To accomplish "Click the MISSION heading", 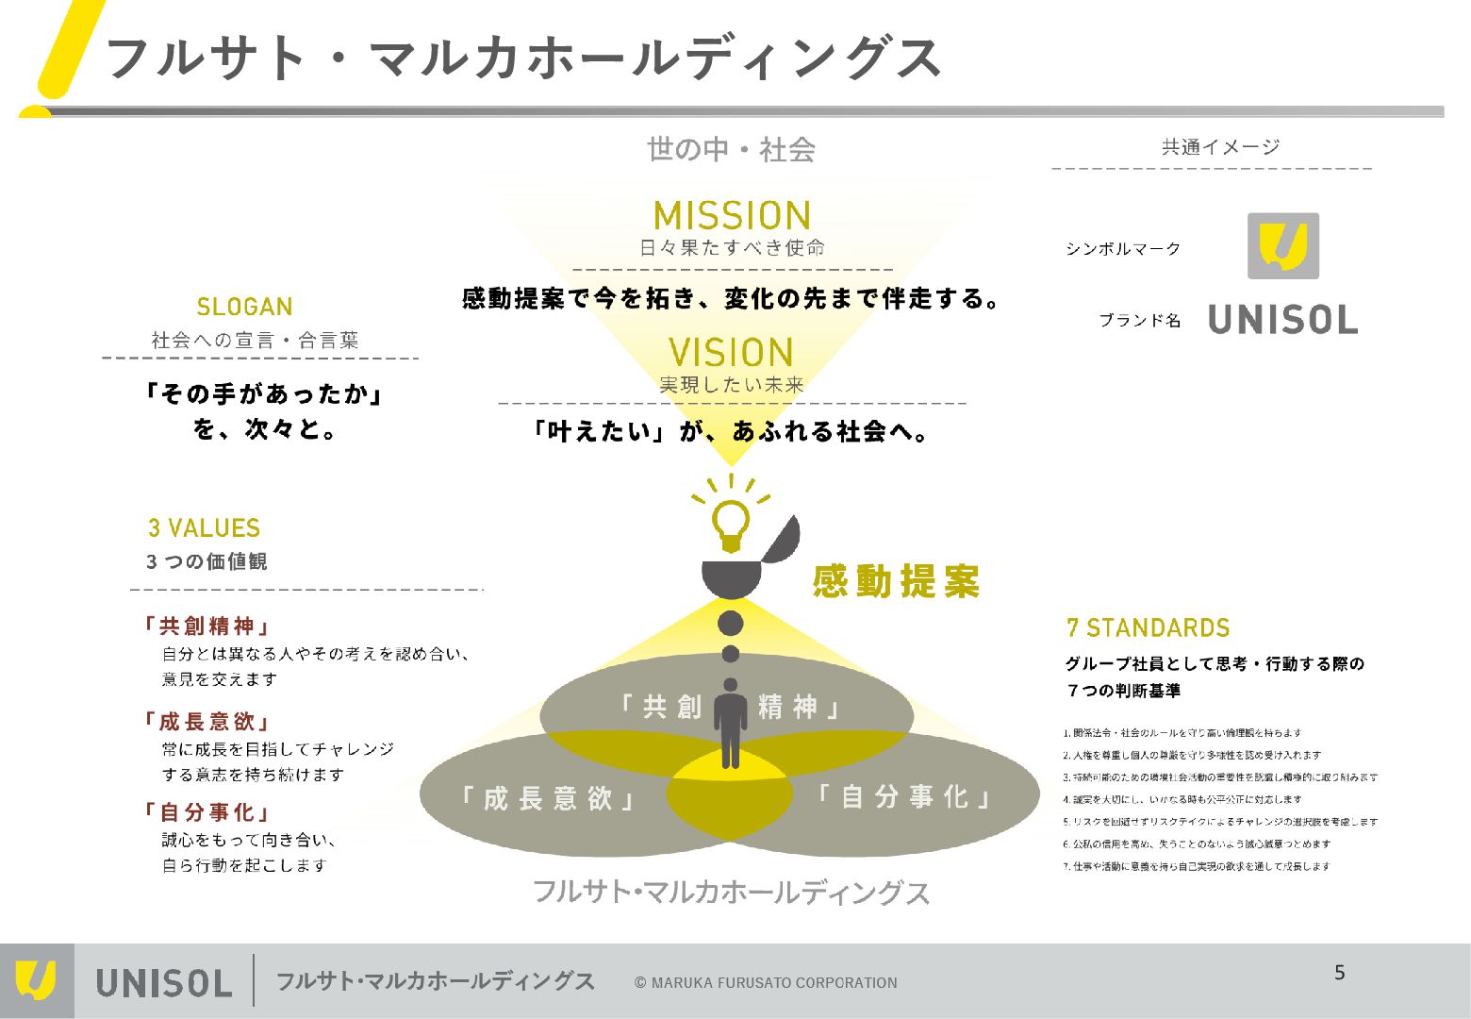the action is point(732,216).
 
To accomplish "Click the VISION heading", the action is point(732,353).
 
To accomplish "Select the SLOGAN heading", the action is point(245,307).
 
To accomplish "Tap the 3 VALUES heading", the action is point(204,528).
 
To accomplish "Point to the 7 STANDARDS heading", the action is point(1148,628).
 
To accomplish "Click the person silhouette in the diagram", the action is point(731,723).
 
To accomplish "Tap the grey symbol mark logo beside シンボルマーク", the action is point(1282,246).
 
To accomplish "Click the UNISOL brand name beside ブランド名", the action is point(1282,321).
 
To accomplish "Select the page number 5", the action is point(1340,973).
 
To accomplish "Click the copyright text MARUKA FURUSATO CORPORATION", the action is point(766,983).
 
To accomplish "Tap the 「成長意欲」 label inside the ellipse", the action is point(546,799).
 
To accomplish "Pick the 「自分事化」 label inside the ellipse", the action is point(903,797).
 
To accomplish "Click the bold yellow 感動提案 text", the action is point(896,581).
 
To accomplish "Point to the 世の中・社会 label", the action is point(731,149).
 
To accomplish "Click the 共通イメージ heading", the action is point(1220,147).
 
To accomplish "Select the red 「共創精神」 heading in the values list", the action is point(207,626).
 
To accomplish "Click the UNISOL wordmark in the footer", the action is point(164,983).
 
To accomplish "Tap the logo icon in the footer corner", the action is point(36,981).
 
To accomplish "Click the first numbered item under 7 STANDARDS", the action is point(1182,733).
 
